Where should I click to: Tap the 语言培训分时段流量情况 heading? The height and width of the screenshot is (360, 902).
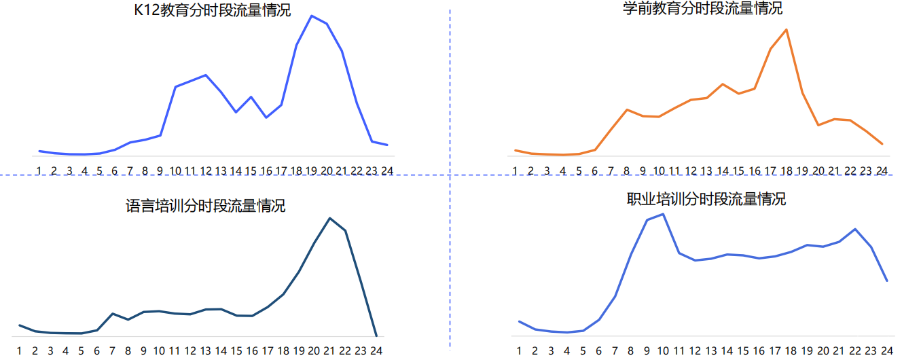point(205,206)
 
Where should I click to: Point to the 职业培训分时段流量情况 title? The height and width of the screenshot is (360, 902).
point(706,199)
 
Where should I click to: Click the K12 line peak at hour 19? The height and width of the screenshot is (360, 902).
point(312,16)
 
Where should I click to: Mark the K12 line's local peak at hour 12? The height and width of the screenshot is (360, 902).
point(206,75)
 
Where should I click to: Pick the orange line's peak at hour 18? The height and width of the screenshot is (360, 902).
point(787,29)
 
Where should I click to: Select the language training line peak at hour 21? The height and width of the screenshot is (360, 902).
point(330,218)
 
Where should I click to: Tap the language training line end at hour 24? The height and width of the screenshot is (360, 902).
point(376,336)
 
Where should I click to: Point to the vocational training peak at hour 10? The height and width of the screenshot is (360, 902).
point(663,214)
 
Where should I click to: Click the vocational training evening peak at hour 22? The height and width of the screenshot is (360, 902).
point(855,229)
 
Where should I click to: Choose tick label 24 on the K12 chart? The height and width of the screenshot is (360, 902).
point(387,170)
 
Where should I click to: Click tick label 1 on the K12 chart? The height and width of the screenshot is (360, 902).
point(39,170)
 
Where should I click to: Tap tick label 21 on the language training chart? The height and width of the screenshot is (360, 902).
point(329,351)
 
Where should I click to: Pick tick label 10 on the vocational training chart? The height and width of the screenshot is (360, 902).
point(662,351)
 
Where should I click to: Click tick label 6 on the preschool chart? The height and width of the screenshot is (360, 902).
point(595,170)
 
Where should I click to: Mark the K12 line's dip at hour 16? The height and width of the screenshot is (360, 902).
point(266,118)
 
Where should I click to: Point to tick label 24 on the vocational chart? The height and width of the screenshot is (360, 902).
point(887,351)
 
